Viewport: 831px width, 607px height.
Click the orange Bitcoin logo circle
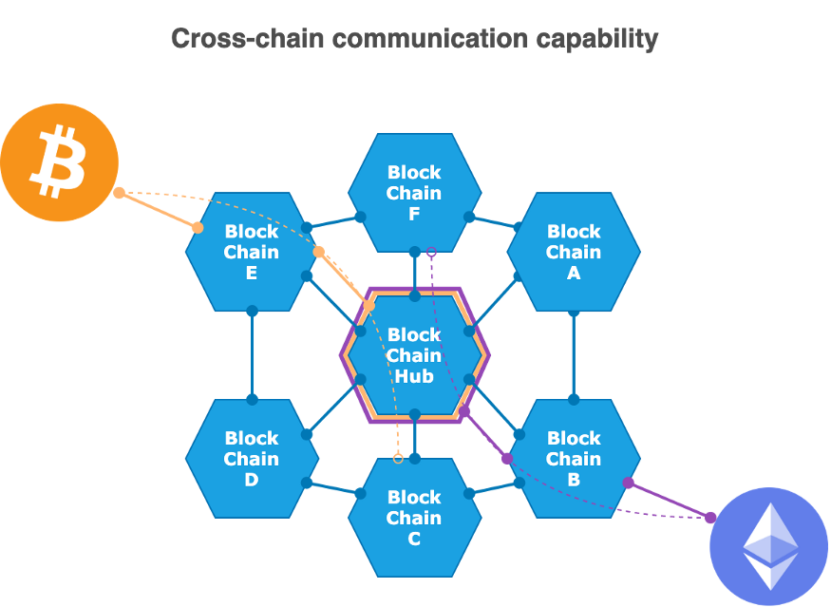59,162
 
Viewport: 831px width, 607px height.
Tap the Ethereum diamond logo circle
768,546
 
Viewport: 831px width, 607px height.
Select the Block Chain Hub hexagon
414,355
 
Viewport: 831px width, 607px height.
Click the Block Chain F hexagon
414,193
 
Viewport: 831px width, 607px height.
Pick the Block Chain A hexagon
574,252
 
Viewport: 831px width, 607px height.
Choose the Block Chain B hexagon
574,459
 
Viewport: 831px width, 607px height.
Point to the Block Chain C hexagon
414,518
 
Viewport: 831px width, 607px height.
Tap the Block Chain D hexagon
252,459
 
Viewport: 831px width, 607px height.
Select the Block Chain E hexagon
252,252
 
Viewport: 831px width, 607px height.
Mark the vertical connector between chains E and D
252,355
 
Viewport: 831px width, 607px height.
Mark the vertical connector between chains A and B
574,355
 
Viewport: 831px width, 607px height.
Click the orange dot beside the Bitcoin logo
119,193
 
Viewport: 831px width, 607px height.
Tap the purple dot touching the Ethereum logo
710,517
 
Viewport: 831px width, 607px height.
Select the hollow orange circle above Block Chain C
398,459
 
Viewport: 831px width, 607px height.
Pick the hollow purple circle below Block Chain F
431,252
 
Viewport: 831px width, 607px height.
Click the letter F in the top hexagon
414,215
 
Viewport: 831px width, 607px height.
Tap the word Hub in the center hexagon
414,376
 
